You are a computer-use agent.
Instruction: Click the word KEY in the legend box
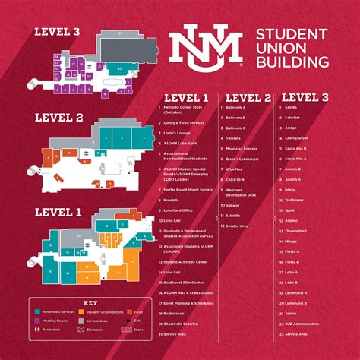(90, 301)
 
